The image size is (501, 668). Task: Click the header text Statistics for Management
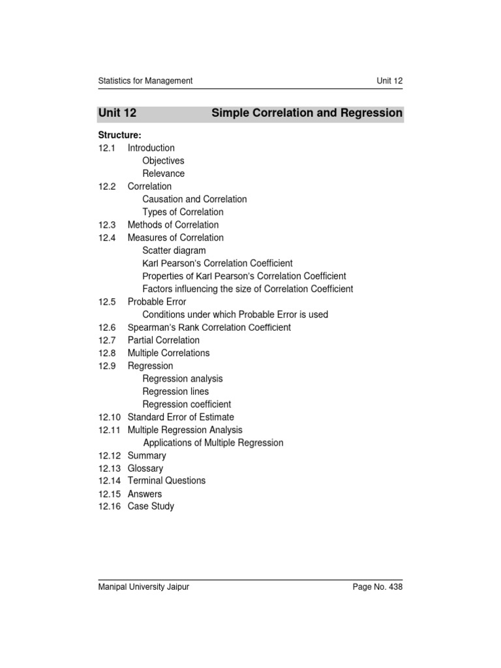pos(145,81)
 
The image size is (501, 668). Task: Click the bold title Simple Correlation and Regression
pos(307,114)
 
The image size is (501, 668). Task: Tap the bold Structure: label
pos(120,135)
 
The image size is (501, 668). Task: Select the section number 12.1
pos(107,148)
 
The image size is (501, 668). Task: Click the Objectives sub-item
pos(163,160)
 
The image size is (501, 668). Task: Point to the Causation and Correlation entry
pos(194,199)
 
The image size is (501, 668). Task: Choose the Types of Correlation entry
pos(183,212)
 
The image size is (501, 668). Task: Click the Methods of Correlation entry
pos(173,225)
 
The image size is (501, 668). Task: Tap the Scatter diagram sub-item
pos(174,250)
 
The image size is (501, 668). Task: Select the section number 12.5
pos(107,302)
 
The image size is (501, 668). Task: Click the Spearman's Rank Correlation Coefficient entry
pos(209,327)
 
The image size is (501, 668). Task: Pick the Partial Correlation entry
pos(164,341)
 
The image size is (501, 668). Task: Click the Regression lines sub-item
pos(176,391)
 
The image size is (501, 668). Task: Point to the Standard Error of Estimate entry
pos(181,417)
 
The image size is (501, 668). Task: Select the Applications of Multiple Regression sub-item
pos(213,443)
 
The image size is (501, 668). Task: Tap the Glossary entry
pos(145,468)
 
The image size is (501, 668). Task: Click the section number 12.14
pos(110,481)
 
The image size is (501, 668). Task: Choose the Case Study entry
pos(151,506)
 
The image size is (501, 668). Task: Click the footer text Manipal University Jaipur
pos(144,587)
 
